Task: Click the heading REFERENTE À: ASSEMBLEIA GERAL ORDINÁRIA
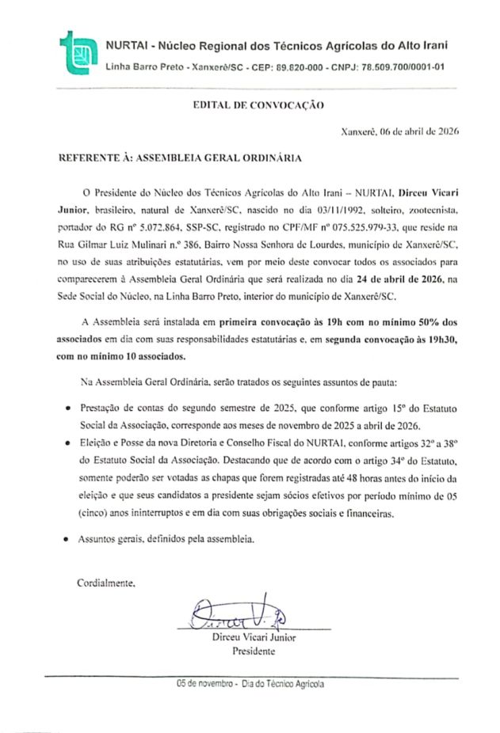pos(181,158)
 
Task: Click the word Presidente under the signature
pos(253,652)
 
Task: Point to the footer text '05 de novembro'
pos(204,684)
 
